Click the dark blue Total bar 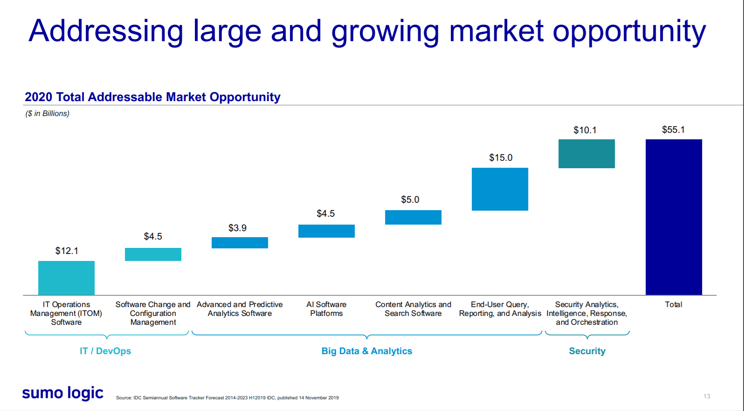[673, 217]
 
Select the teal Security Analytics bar [586, 153]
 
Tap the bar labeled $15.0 [500, 189]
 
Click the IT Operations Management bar [66, 278]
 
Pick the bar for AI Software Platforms [326, 231]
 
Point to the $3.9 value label [237, 228]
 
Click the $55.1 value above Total [673, 130]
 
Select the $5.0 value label [410, 199]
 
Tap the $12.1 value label [67, 251]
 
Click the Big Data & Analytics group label [367, 351]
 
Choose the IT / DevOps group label [105, 351]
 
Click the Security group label [587, 351]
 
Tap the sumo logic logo [63, 393]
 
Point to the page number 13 [707, 396]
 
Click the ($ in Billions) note [47, 113]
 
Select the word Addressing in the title [106, 31]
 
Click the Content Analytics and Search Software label [413, 308]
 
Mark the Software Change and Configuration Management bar [153, 254]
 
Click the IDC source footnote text [227, 397]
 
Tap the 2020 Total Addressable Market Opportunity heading [152, 97]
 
